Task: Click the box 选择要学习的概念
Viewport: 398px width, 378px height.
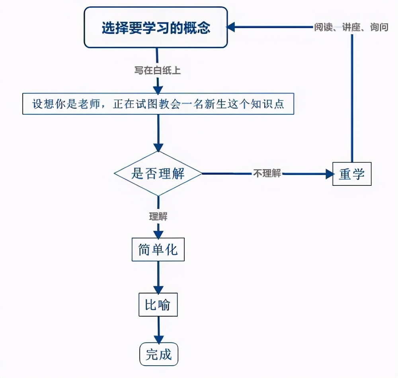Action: point(155,28)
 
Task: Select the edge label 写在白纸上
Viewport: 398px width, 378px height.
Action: point(158,70)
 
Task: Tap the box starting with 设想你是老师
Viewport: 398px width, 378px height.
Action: point(158,104)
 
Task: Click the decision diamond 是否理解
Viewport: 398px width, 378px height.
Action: point(158,173)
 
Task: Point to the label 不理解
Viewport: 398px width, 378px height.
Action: point(267,173)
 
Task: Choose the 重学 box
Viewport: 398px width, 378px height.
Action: point(352,174)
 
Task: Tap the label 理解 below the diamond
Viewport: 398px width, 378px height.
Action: point(158,217)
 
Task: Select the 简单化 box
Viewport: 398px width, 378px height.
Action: point(158,250)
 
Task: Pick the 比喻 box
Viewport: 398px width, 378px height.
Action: point(158,305)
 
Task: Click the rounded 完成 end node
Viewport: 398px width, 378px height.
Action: point(158,354)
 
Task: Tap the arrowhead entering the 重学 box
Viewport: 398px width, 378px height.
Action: point(328,174)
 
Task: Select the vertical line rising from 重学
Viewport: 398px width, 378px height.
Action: point(352,100)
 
